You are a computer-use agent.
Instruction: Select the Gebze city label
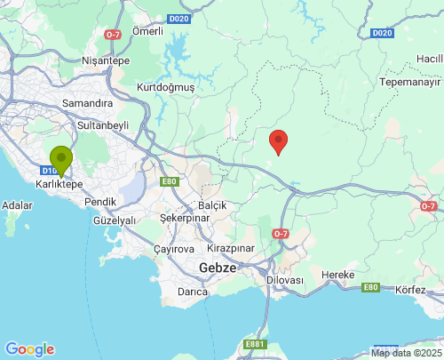pos(217,267)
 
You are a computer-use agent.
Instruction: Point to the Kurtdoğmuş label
pos(165,87)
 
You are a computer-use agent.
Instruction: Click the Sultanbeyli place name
pos(104,125)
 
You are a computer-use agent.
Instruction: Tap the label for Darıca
pos(193,291)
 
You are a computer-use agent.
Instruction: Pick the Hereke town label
pos(337,274)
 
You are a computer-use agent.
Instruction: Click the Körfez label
pos(410,290)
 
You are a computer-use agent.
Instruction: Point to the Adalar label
pos(18,205)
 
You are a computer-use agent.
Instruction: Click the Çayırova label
pos(173,249)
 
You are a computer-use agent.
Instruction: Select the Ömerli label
pos(147,31)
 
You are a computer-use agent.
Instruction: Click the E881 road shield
pos(255,344)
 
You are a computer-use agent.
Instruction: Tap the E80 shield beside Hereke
pos(370,287)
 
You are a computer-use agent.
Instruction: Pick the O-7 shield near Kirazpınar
pos(281,234)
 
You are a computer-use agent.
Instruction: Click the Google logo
pos(29,349)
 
